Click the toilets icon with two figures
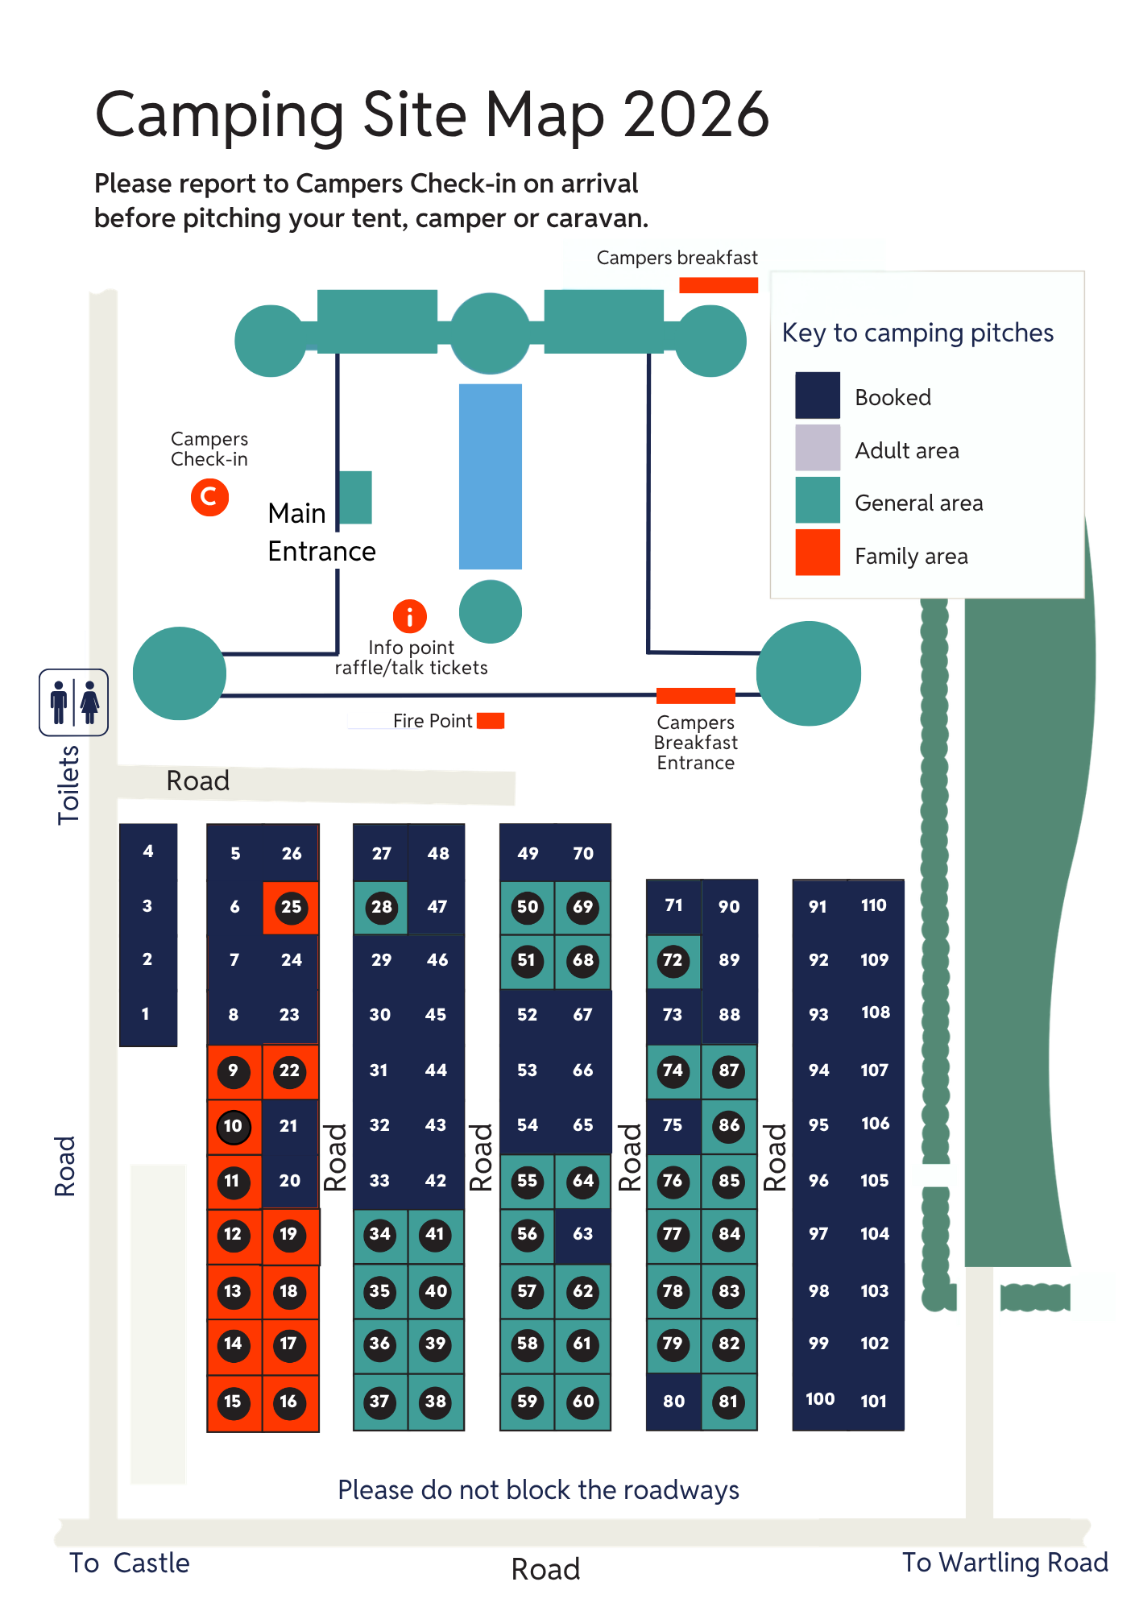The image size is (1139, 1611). point(73,702)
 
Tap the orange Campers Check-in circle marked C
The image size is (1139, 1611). point(209,497)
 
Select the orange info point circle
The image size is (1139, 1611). point(409,616)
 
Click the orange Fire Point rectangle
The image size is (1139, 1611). point(490,720)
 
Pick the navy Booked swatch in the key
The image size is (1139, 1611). point(818,395)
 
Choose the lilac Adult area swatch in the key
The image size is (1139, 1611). point(818,447)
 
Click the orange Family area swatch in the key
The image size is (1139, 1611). point(818,553)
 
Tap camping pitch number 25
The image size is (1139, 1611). point(291,907)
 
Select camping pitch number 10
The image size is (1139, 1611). point(234,1126)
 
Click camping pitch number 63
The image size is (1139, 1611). point(582,1234)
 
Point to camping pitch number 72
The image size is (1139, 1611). point(673,960)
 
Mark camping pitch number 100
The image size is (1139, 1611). point(820,1399)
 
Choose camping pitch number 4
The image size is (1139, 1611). point(148,851)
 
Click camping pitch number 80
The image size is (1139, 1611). point(673,1402)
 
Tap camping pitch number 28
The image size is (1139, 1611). point(381,907)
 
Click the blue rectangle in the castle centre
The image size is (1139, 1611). point(491,476)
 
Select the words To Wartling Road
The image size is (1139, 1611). point(1004,1563)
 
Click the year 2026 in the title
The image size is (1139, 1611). point(696,114)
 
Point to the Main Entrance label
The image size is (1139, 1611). point(321,532)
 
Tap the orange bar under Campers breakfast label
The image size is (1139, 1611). point(719,285)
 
